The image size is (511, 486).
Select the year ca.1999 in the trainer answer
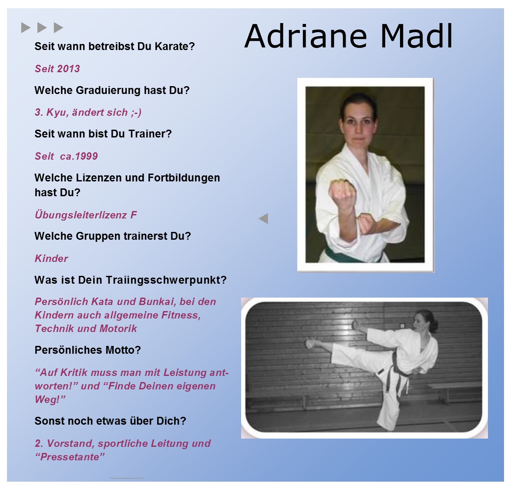[x=79, y=156]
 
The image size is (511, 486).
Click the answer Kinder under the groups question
[x=51, y=258]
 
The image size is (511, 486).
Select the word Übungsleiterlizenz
[x=81, y=215]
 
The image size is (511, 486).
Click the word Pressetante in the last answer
[x=69, y=457]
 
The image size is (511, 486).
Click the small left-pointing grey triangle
[x=263, y=218]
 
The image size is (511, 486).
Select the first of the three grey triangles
[x=26, y=28]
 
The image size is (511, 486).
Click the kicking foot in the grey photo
[x=311, y=343]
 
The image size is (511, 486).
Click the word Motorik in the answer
[x=118, y=328]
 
